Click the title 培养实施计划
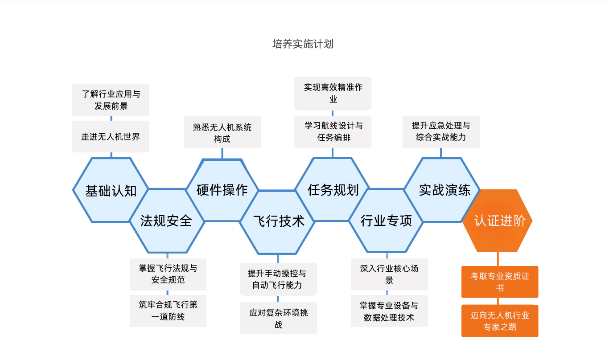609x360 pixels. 303,44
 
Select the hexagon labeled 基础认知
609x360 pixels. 111,190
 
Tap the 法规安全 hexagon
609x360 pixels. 166,221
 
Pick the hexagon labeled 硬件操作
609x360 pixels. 222,190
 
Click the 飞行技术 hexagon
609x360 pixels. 278,221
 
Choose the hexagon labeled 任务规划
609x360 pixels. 333,190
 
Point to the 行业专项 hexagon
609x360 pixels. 386,221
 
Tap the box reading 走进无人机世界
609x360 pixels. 111,136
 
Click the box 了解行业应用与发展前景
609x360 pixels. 111,100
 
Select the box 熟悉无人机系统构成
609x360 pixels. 222,132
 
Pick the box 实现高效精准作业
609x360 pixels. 333,93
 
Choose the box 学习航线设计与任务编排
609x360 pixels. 333,131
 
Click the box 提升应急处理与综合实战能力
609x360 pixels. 441,131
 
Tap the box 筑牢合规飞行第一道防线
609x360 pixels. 168,311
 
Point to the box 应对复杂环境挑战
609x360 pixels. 279,318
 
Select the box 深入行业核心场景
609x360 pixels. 389,274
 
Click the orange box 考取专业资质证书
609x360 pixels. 500,282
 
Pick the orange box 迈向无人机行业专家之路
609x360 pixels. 500,321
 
